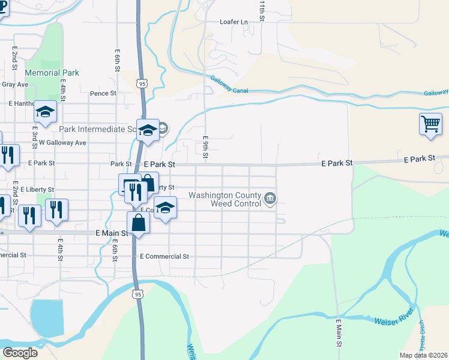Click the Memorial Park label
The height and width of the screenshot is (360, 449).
tap(52, 73)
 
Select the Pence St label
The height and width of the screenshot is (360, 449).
tap(103, 94)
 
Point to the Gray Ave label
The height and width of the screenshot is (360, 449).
tap(15, 85)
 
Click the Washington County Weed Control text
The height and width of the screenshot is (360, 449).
tap(225, 199)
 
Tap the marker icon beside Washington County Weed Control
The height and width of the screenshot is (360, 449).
tap(271, 198)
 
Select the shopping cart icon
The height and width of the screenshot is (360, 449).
tap(430, 124)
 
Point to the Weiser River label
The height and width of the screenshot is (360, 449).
tap(394, 317)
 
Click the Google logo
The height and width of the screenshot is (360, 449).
tap(20, 352)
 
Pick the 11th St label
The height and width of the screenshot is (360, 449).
tap(262, 11)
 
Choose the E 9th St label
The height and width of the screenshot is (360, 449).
tap(205, 147)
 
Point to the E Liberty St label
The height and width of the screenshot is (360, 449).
tap(37, 190)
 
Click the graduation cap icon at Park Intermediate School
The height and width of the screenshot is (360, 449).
tap(148, 129)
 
